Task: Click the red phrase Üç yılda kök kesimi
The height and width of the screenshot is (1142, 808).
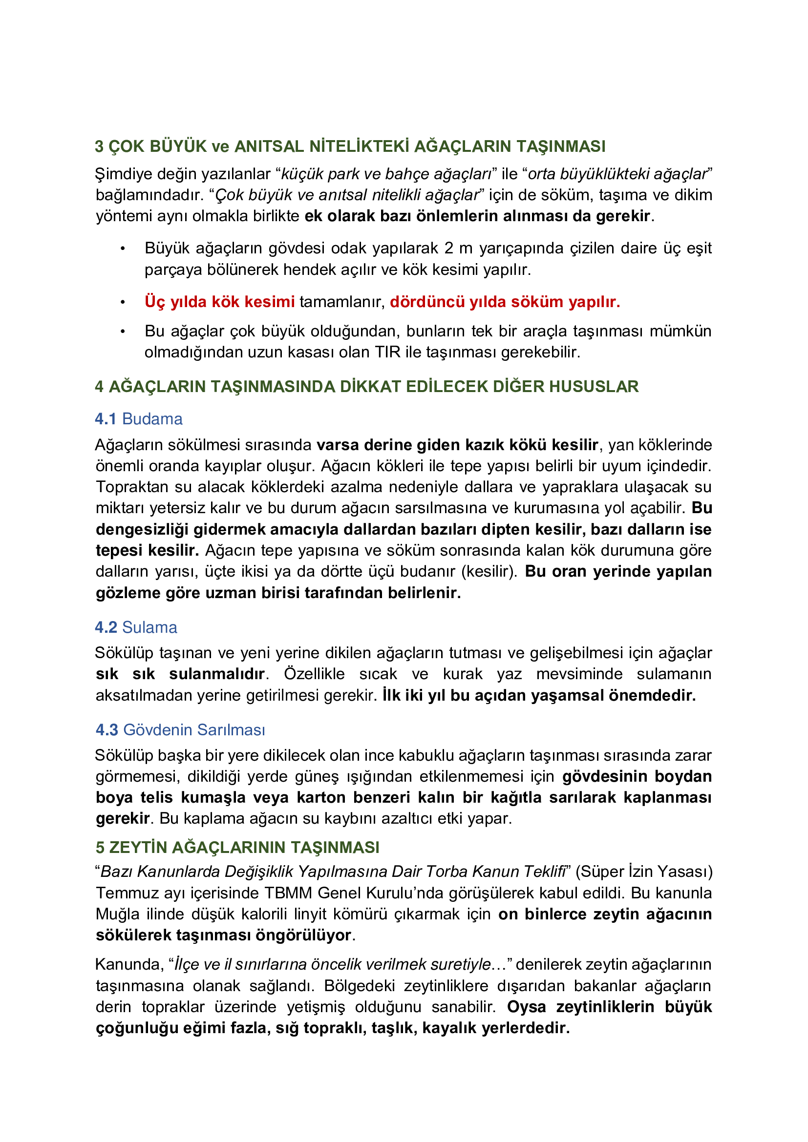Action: click(219, 301)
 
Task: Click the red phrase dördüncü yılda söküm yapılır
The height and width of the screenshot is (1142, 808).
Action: click(505, 301)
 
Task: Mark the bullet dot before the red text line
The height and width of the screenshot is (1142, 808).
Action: click(123, 302)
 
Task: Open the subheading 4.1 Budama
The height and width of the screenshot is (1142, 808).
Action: click(139, 419)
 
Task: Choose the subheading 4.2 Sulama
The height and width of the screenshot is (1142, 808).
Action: click(136, 627)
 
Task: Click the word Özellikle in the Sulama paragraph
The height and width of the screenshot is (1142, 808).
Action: click(314, 674)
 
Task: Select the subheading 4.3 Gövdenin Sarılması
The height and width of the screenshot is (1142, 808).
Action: click(180, 729)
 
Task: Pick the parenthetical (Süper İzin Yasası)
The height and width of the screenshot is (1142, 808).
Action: click(644, 872)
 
